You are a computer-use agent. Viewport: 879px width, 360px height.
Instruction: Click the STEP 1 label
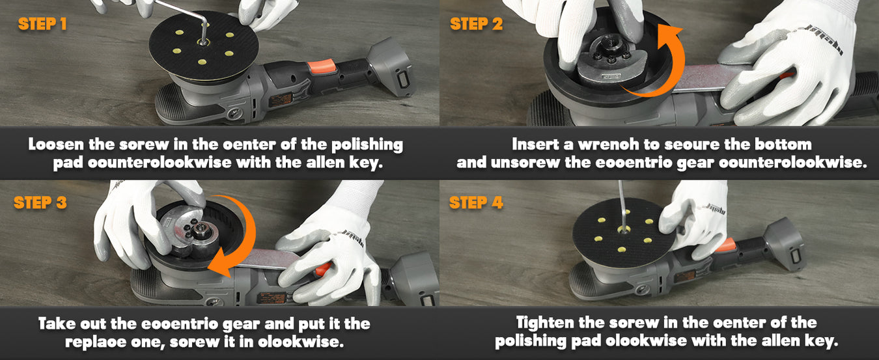(42, 24)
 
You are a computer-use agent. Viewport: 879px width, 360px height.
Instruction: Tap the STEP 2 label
(476, 24)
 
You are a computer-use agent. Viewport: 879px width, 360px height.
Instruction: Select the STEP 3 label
(40, 202)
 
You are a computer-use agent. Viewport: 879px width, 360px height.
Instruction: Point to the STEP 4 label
(476, 202)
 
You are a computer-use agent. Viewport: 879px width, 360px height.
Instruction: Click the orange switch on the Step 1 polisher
(322, 66)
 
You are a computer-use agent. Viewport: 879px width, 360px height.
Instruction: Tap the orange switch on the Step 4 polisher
(725, 245)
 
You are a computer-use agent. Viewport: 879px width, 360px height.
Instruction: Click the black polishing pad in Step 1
(204, 46)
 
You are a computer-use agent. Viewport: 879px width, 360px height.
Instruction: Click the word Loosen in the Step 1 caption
(56, 145)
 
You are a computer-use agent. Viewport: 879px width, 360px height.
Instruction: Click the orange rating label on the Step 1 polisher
(280, 100)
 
